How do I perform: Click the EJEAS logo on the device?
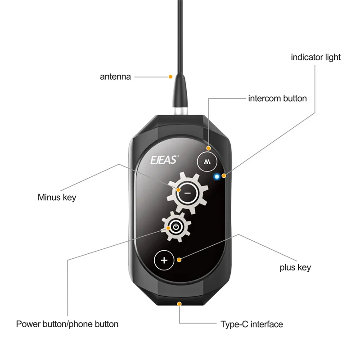click(x=165, y=158)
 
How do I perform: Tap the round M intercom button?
click(x=207, y=161)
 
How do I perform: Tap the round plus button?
click(x=164, y=260)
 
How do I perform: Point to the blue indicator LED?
click(x=217, y=176)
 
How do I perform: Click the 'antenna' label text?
click(x=115, y=76)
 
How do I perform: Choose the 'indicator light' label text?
click(x=315, y=57)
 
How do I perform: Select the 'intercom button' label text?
click(x=277, y=98)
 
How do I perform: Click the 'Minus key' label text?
click(x=57, y=197)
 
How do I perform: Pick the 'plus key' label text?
click(x=295, y=267)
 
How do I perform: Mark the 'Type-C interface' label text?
click(x=252, y=324)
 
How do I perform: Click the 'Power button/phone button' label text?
click(x=67, y=324)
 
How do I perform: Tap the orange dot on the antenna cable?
click(x=171, y=77)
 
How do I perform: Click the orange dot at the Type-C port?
click(x=180, y=304)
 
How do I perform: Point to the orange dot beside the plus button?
click(x=179, y=260)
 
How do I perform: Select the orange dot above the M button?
click(x=208, y=148)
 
